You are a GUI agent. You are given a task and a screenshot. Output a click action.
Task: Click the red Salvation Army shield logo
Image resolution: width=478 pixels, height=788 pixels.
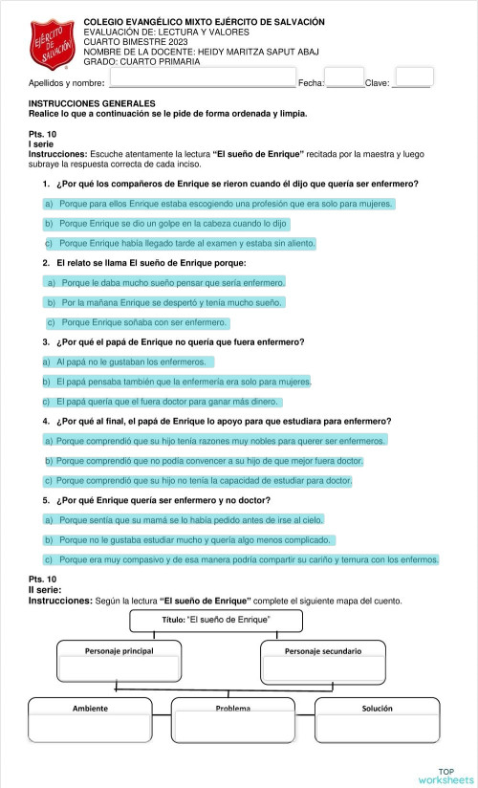coord(52,44)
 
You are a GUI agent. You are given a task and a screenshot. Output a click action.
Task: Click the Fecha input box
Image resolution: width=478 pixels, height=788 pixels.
coord(344,77)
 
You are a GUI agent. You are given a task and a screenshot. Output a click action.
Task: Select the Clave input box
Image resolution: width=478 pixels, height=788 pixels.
coord(414,77)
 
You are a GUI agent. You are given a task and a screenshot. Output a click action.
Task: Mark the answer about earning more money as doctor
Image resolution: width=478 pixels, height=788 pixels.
coord(162,401)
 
